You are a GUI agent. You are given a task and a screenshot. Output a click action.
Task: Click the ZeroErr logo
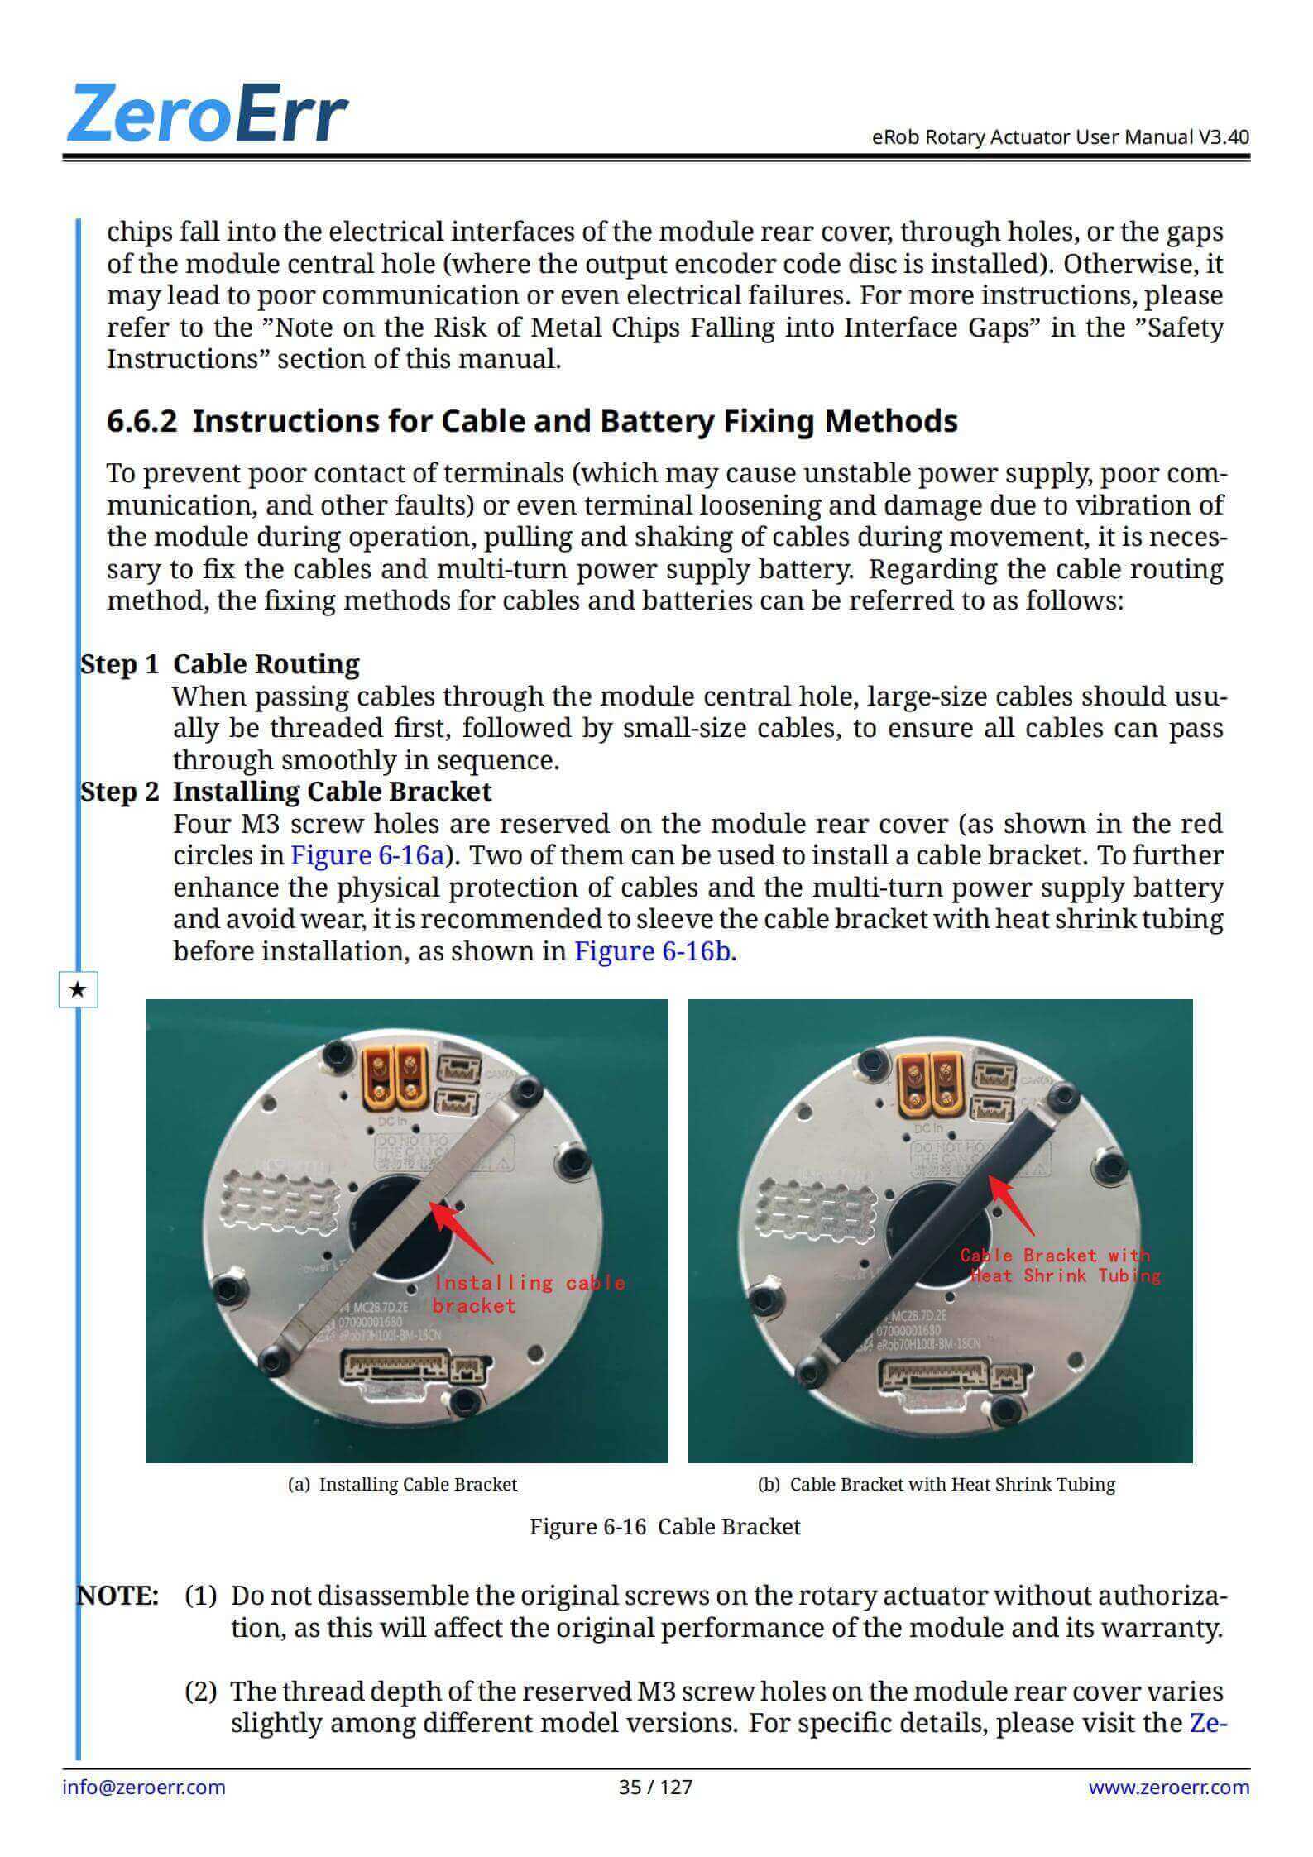208,113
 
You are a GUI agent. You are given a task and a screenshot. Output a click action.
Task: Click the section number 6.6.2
141,421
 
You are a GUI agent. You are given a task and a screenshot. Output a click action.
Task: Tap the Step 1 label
119,664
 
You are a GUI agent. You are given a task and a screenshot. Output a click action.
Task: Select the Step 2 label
119,792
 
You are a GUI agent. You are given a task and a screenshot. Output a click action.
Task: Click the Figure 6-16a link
367,855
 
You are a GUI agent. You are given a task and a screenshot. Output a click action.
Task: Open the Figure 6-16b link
652,951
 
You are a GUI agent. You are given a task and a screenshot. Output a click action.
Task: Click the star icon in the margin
79,989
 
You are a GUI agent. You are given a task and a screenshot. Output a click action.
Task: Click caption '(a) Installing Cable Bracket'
402,1484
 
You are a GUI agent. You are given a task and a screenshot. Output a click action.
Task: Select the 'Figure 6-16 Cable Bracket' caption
664,1526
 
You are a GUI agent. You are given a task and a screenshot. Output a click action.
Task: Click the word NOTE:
118,1596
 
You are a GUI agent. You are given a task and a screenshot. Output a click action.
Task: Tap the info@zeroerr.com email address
144,1787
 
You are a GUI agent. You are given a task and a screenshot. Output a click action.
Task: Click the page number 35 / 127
655,1787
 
